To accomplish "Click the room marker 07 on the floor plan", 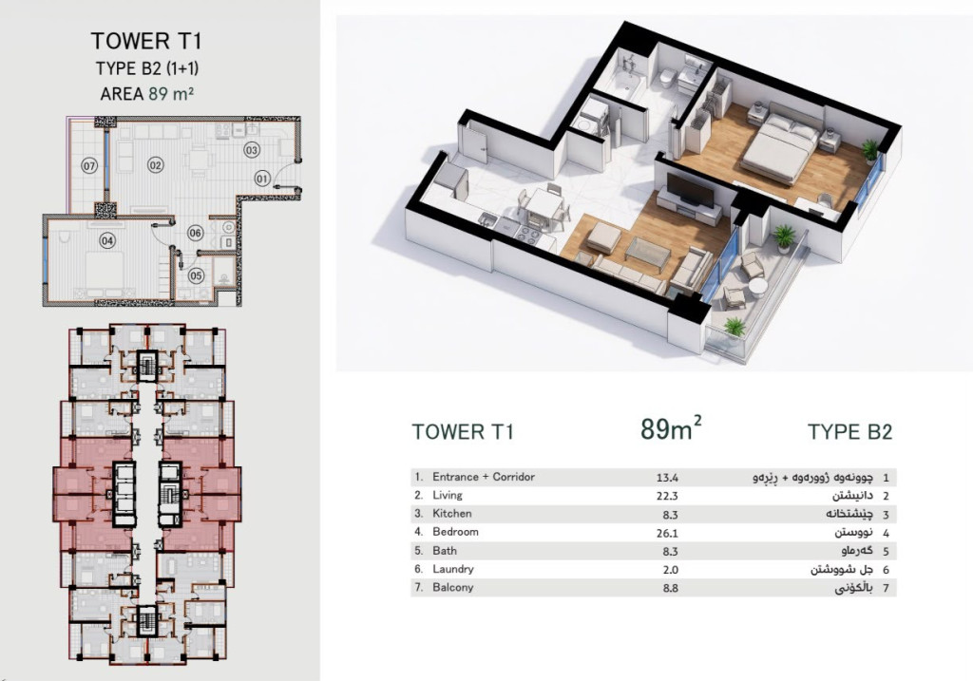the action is (90, 165).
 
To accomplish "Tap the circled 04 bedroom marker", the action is (107, 240).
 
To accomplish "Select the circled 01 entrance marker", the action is (262, 179).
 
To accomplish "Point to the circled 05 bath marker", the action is (196, 275).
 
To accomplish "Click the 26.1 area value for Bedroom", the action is (668, 533).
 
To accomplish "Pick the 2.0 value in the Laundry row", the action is (670, 569).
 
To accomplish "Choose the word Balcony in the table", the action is (452, 587).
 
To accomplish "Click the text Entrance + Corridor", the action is (484, 477).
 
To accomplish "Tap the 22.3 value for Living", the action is (668, 496).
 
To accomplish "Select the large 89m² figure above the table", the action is (671, 428).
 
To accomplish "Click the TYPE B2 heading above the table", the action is (849, 431).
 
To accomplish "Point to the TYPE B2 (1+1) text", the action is (147, 68).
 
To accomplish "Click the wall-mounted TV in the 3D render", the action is (690, 189).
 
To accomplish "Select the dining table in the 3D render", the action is (544, 204).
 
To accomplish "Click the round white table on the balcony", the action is (757, 287).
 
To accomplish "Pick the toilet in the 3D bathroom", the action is (668, 78).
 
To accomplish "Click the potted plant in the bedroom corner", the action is (870, 150).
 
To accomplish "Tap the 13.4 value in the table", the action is (668, 478).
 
